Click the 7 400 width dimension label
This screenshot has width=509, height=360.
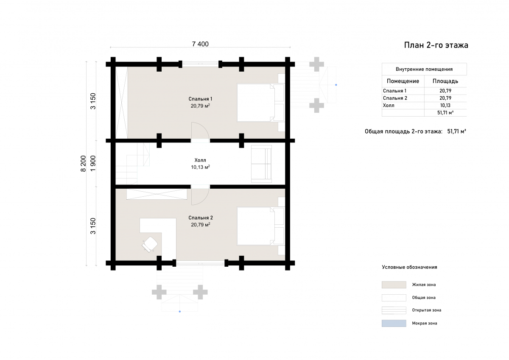click(200, 44)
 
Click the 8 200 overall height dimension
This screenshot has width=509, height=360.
click(84, 164)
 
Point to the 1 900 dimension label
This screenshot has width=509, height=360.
click(93, 164)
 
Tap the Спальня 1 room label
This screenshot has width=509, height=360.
click(200, 99)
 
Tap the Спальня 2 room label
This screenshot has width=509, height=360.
click(200, 218)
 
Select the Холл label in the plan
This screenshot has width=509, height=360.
click(200, 160)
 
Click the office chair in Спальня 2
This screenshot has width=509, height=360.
click(149, 244)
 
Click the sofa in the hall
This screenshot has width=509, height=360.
click(261, 164)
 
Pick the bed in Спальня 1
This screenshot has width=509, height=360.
click(260, 103)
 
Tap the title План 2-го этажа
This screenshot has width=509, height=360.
click(436, 45)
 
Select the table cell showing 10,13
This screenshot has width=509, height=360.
click(445, 106)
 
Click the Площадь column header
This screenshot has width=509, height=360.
click(445, 81)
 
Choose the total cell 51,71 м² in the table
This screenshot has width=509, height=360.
click(445, 113)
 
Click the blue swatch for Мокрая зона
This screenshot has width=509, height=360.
click(394, 323)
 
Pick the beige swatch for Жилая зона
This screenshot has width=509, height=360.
click(394, 285)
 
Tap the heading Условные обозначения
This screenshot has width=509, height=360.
click(409, 267)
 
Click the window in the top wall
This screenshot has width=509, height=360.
click(200, 64)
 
